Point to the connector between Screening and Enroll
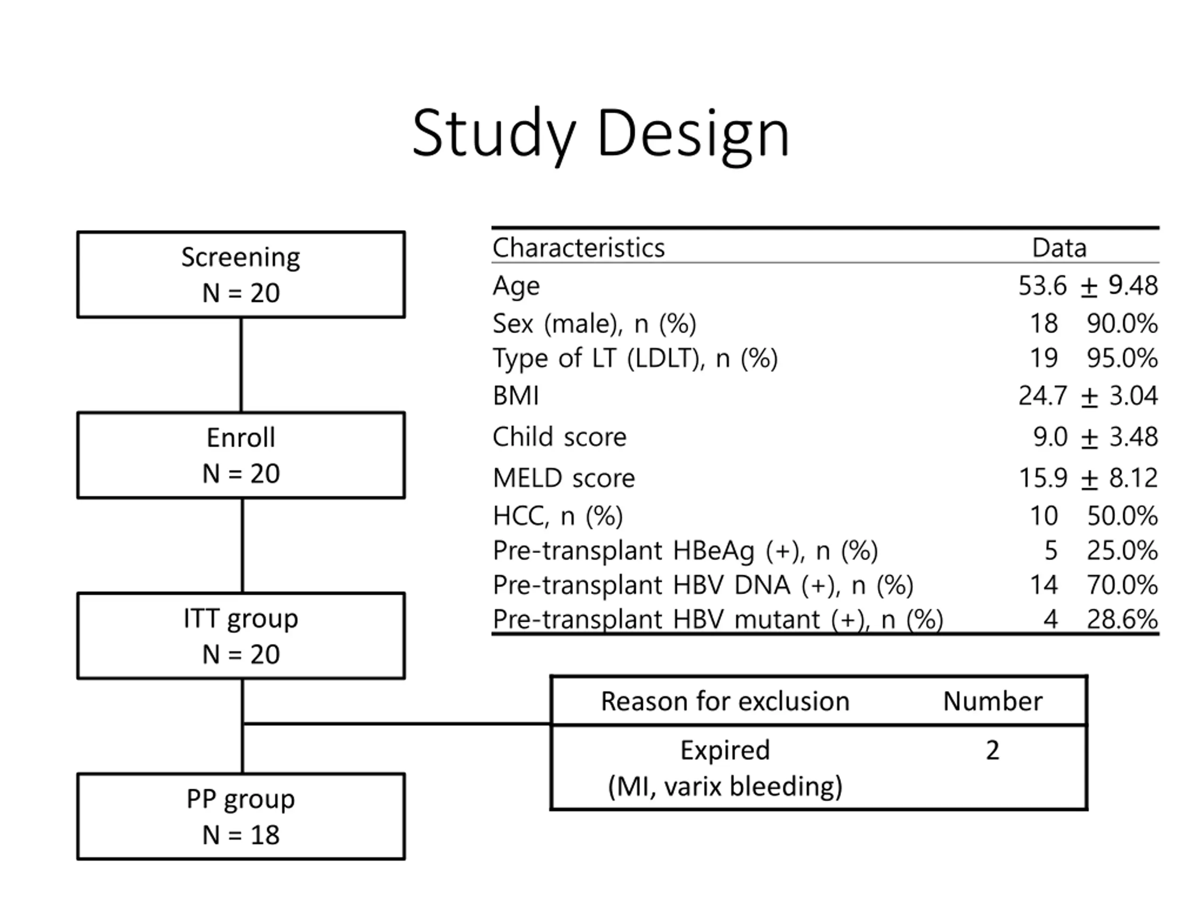coord(241,364)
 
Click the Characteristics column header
coord(578,248)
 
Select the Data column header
coord(1059,248)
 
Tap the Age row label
coord(516,286)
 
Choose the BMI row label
coord(515,396)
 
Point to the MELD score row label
coord(564,478)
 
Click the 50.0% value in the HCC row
coord(1122,515)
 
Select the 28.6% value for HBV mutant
coord(1122,619)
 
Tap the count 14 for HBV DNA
coord(1044,585)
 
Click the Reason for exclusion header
coord(725,701)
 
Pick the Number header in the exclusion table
coord(993,701)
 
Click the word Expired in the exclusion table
coord(725,751)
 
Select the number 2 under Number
coord(993,751)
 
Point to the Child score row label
coord(560,436)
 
